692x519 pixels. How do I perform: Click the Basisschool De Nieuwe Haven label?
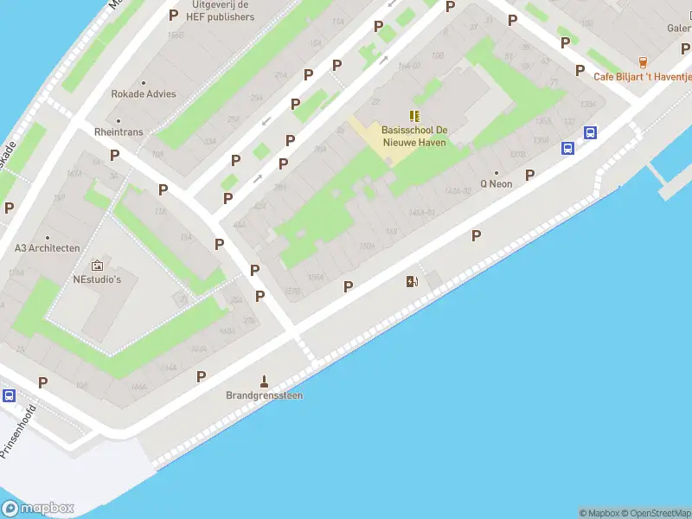click(x=413, y=136)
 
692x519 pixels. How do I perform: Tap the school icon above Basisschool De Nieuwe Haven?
click(x=414, y=115)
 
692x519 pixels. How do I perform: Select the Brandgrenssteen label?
click(x=265, y=395)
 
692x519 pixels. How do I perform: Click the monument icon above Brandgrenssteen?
click(x=265, y=381)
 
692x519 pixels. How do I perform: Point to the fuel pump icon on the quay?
click(x=412, y=281)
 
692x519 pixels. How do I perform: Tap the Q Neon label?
click(x=497, y=183)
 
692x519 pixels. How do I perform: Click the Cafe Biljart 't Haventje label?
click(x=642, y=76)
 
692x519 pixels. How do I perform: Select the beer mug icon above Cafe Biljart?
click(x=642, y=61)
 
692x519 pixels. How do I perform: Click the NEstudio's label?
click(x=97, y=279)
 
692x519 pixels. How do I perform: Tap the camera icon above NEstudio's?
click(x=97, y=265)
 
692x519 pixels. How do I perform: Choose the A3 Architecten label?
click(x=48, y=248)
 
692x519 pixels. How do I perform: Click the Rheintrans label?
click(x=119, y=132)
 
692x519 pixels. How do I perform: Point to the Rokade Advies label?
click(x=143, y=94)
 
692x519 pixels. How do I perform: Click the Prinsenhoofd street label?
click(x=19, y=432)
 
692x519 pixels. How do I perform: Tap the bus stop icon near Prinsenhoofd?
click(x=9, y=395)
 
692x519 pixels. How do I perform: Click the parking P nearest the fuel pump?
click(x=349, y=286)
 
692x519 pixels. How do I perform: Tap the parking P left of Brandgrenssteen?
click(x=201, y=376)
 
